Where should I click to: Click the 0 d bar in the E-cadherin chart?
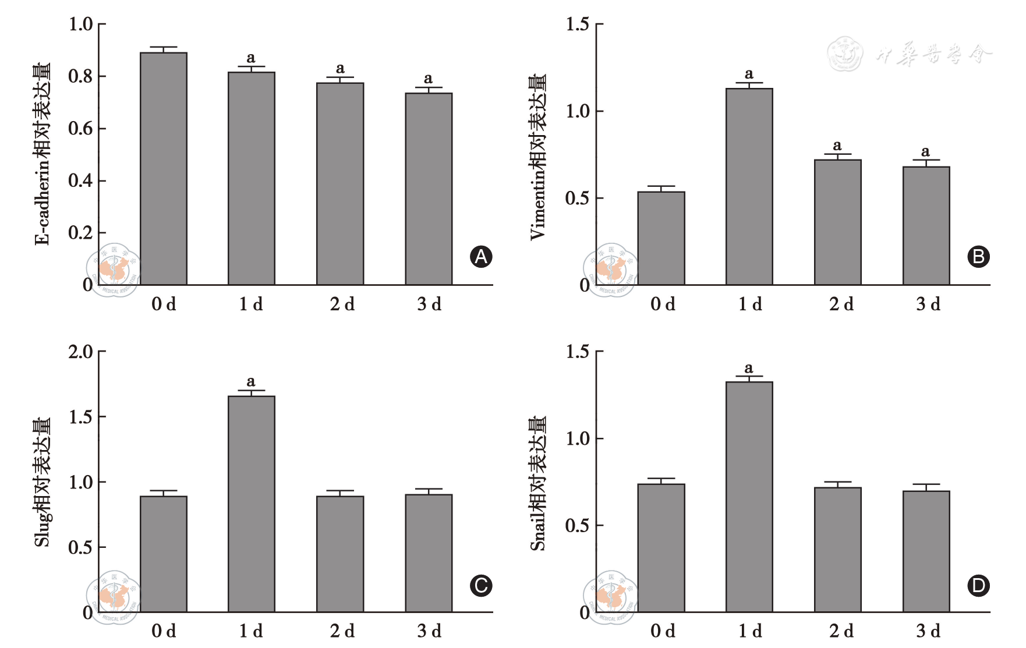pos(164,169)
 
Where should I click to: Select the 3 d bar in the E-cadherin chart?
pos(429,189)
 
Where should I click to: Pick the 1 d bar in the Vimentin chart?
pos(749,186)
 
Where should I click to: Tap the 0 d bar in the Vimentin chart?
pos(661,238)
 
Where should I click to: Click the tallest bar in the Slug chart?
pos(252,504)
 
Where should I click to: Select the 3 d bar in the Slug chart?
pos(429,553)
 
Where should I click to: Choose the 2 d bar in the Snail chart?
pos(837,550)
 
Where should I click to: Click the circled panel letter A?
pos(481,257)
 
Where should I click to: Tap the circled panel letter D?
pos(978,585)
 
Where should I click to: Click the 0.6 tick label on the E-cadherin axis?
pos(80,128)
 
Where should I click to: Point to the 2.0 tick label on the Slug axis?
pos(80,352)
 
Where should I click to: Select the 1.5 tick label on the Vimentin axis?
pos(578,24)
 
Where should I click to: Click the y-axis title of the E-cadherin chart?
pos(43,154)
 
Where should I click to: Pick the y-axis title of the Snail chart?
pos(538,483)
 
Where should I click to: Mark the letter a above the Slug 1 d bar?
pos(251,381)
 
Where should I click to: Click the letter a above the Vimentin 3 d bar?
pos(925,151)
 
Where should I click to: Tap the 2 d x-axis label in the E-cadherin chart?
pos(342,304)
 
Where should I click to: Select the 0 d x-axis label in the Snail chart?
pos(663,631)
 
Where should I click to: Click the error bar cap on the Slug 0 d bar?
pos(164,491)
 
